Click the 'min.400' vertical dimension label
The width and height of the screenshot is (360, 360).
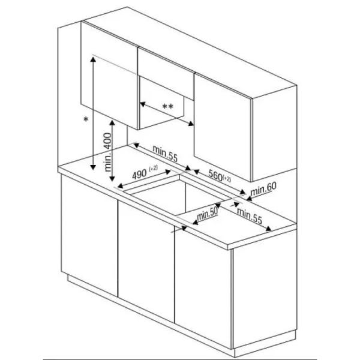(108, 152)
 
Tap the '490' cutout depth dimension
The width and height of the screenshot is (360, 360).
(139, 175)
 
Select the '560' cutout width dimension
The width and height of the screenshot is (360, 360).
(215, 175)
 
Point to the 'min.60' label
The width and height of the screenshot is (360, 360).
(263, 189)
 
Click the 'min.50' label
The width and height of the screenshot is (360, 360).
(208, 215)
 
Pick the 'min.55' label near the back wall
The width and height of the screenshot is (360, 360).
(165, 154)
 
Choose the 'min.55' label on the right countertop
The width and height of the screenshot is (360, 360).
(250, 215)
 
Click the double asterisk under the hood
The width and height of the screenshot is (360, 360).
(167, 107)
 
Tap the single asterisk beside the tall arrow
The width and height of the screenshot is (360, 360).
(86, 119)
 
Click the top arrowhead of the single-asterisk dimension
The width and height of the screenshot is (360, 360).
(93, 59)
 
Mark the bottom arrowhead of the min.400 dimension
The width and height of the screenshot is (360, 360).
(112, 178)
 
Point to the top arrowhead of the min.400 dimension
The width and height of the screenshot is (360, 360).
(112, 123)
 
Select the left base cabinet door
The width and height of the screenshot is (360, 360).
(89, 235)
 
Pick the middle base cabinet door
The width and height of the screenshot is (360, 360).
(146, 261)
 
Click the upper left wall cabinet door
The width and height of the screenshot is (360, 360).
(110, 75)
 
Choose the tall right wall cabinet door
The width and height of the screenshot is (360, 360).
(223, 128)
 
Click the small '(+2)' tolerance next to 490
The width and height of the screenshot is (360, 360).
(154, 168)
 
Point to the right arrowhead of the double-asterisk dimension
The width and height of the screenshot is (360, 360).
(191, 124)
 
